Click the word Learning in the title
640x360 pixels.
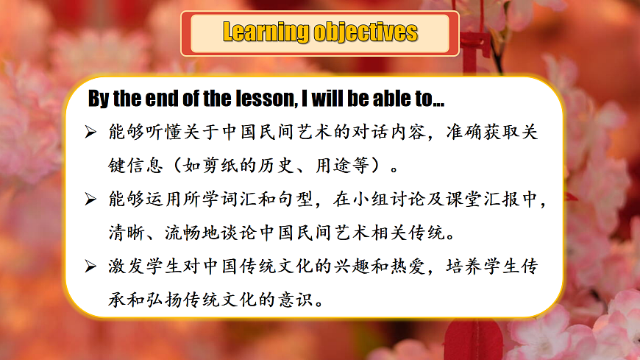(266, 32)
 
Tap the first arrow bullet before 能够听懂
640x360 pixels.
(91, 133)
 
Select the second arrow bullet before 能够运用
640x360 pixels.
(91, 200)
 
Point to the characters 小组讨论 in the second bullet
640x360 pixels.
(397, 200)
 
